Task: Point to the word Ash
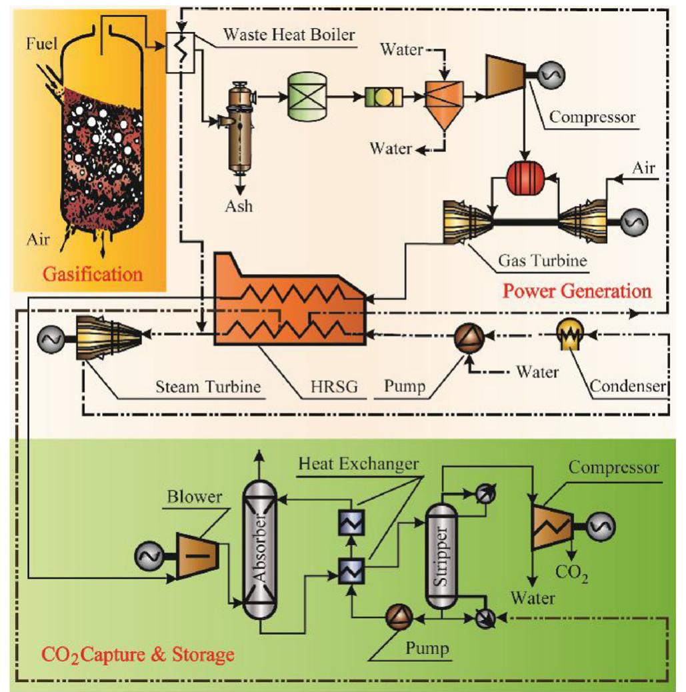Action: point(238,205)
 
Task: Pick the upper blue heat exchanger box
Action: point(350,524)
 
